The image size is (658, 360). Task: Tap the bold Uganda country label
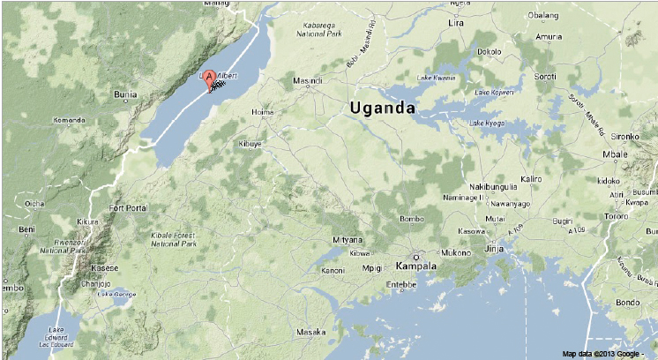382,108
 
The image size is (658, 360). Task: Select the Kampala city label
417,266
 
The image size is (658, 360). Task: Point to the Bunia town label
126,94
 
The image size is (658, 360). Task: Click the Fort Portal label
128,208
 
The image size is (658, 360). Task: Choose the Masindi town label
308,81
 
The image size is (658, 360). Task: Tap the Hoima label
263,112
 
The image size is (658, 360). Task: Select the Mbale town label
614,155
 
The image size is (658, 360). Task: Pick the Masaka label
310,332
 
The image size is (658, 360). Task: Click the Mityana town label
347,240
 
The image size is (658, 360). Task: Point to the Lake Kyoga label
487,123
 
